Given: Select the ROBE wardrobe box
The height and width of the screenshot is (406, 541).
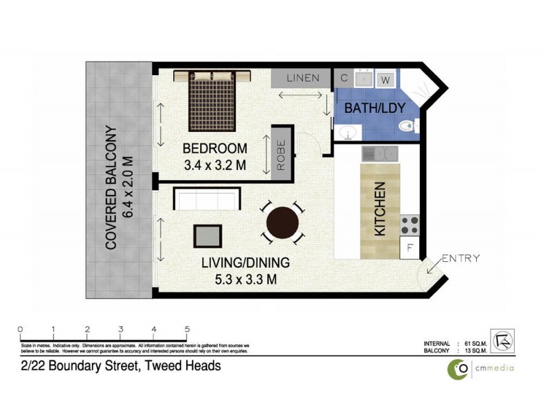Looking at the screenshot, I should pos(281,154).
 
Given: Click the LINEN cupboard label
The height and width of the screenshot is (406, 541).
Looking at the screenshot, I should pos(302,78).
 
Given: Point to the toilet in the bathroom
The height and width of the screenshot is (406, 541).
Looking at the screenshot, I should pos(408,126).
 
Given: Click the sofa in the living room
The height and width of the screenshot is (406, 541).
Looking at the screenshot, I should pos(206,200).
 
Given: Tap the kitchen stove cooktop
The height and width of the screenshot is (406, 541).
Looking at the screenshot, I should pos(410,223).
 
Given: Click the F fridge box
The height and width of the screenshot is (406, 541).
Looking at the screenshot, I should pos(409,247).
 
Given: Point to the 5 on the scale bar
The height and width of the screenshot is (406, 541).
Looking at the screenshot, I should pos(187,330).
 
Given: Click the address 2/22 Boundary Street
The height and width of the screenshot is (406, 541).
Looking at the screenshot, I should pos(120,366).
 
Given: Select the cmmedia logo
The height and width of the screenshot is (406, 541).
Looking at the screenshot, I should pos(479,367).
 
